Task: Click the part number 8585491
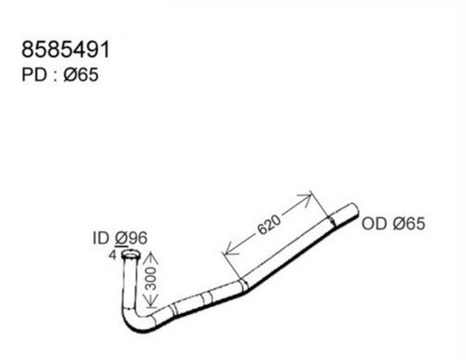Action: tap(65, 49)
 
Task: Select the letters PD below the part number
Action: tap(34, 75)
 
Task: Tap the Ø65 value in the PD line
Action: tap(81, 75)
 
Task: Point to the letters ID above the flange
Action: tap(101, 238)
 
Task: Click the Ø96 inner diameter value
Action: tap(130, 238)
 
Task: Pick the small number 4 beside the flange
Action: tap(113, 256)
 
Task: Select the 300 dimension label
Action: tap(151, 278)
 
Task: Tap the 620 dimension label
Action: tap(269, 225)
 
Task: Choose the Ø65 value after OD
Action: tap(408, 224)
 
